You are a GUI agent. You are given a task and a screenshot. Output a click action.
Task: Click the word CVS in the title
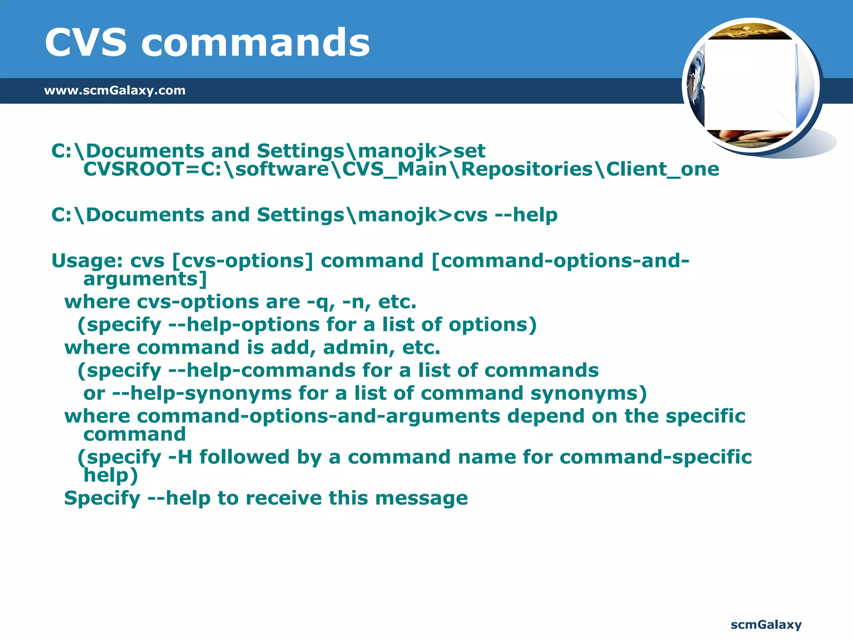click(x=85, y=42)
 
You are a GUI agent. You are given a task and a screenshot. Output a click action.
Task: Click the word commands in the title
click(x=256, y=42)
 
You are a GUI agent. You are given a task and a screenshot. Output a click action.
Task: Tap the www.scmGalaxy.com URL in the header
click(x=115, y=90)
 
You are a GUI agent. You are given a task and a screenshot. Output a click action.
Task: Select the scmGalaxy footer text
click(x=766, y=625)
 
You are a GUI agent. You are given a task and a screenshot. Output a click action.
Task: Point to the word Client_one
click(x=662, y=169)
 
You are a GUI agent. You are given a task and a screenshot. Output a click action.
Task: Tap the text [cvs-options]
click(x=242, y=261)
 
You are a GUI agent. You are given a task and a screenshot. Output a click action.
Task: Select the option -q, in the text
click(x=321, y=302)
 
